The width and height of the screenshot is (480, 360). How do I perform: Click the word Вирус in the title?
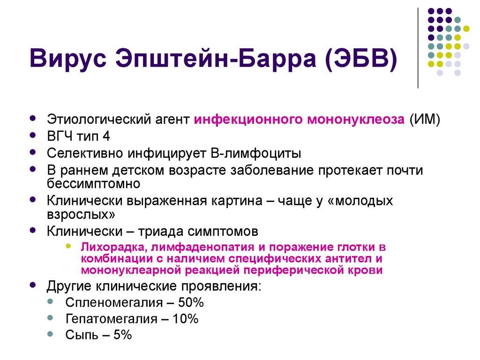coord(68,58)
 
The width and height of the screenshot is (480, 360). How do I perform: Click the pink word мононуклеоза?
coord(356,119)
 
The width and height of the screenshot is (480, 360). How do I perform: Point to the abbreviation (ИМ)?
coord(425,119)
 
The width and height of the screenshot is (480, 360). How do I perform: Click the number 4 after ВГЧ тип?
coord(106,136)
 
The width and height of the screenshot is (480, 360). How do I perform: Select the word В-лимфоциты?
coord(256,153)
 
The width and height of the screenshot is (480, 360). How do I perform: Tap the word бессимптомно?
coord(93,184)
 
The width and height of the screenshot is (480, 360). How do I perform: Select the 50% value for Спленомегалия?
coord(191,302)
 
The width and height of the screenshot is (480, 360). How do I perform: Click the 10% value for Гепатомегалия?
coord(185,319)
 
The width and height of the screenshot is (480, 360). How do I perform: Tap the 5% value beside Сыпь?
coord(122,335)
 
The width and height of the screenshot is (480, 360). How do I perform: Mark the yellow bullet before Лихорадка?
coord(68,246)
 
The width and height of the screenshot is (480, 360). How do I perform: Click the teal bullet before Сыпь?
coord(51,334)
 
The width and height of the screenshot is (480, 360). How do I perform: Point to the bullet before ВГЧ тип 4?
coord(33,135)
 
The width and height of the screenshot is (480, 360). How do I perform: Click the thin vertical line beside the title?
coord(418,48)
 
